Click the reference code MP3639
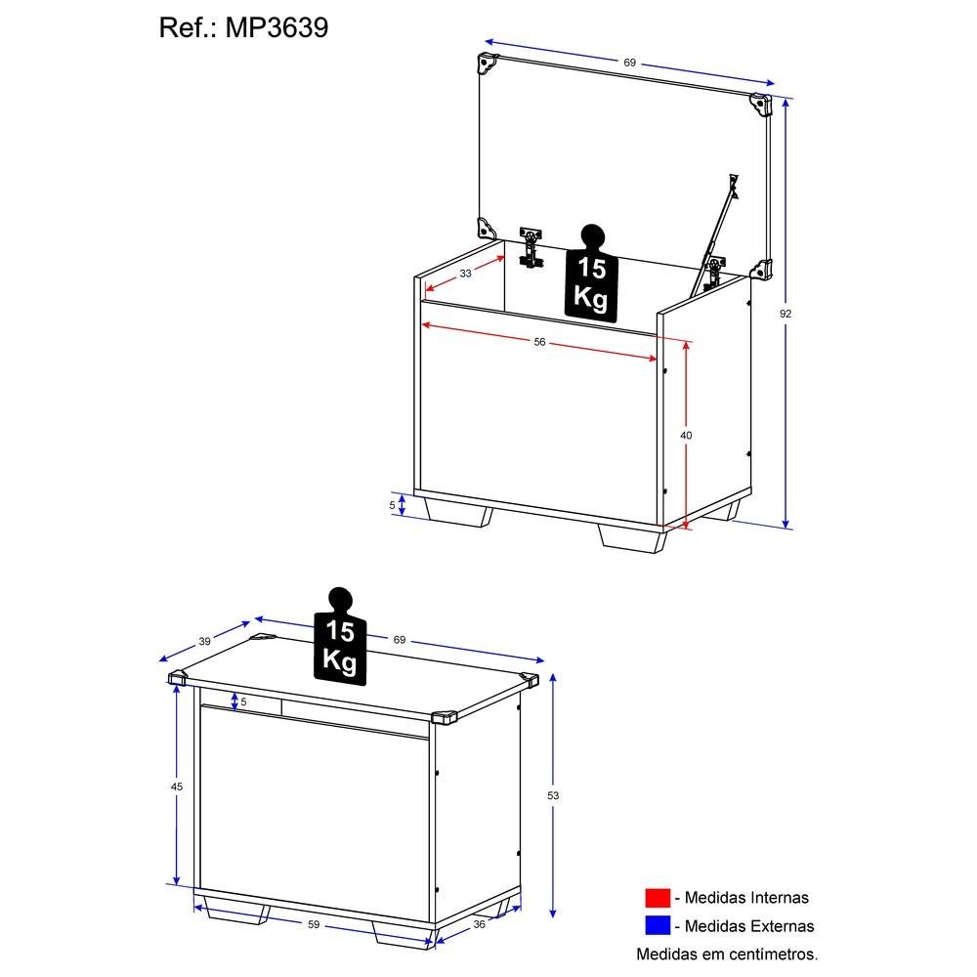[x=276, y=28]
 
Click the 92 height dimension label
[x=786, y=314]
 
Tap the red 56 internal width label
[x=539, y=341]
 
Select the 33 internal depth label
[x=465, y=273]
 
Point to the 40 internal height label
[x=686, y=435]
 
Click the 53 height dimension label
[x=553, y=795]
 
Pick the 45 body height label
[x=177, y=786]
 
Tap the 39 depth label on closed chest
[x=205, y=641]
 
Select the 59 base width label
[x=314, y=924]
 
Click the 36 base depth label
[x=479, y=924]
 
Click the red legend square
[x=658, y=897]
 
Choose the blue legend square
[x=658, y=925]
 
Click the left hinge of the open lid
[x=531, y=247]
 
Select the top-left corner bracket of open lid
[x=488, y=63]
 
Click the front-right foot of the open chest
[x=632, y=537]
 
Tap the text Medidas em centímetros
[x=727, y=954]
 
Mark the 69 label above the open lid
[x=629, y=63]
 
